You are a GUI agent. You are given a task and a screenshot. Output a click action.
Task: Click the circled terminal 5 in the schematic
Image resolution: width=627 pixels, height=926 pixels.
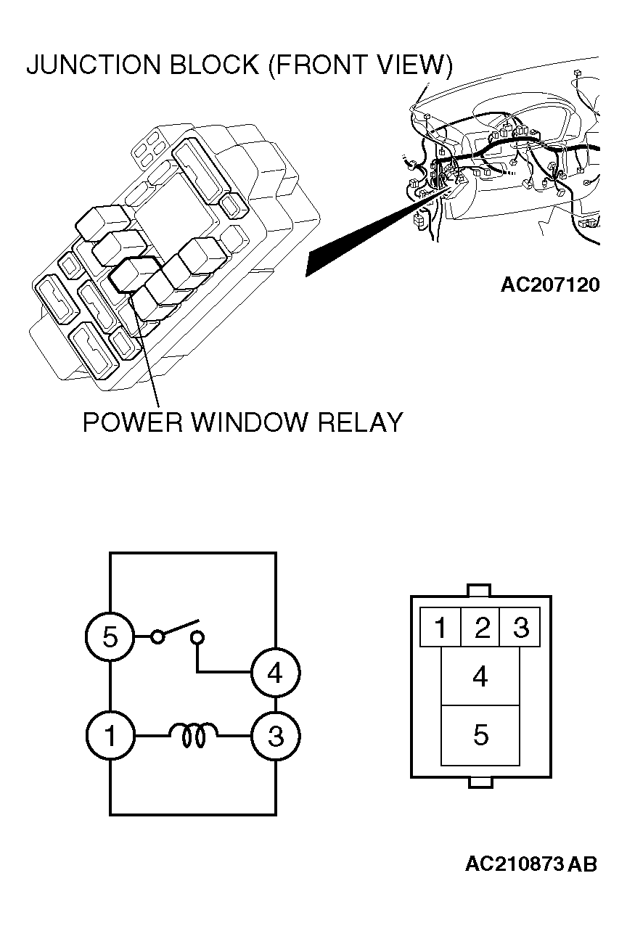(x=110, y=636)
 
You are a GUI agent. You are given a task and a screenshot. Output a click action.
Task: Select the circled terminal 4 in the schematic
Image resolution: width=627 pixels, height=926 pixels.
(x=275, y=673)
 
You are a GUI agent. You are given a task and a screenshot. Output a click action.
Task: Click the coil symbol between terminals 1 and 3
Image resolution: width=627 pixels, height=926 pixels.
(x=193, y=735)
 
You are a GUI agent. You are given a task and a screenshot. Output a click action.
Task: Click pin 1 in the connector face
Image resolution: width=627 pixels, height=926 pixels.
(x=440, y=627)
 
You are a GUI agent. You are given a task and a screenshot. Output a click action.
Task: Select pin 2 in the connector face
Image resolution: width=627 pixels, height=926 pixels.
(x=480, y=627)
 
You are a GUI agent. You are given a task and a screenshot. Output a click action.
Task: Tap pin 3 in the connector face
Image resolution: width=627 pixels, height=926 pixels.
(x=520, y=627)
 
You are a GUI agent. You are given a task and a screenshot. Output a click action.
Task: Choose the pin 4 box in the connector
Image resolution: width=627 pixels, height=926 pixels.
(x=480, y=676)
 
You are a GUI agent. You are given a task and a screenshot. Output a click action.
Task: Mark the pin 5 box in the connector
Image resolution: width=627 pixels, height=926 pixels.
(x=480, y=735)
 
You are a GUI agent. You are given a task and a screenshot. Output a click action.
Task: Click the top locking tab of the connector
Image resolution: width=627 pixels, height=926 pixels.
(x=479, y=590)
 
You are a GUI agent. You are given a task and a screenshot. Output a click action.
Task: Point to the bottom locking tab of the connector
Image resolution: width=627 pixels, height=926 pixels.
(x=480, y=783)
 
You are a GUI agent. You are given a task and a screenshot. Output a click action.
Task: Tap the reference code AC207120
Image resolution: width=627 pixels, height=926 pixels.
(x=550, y=284)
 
